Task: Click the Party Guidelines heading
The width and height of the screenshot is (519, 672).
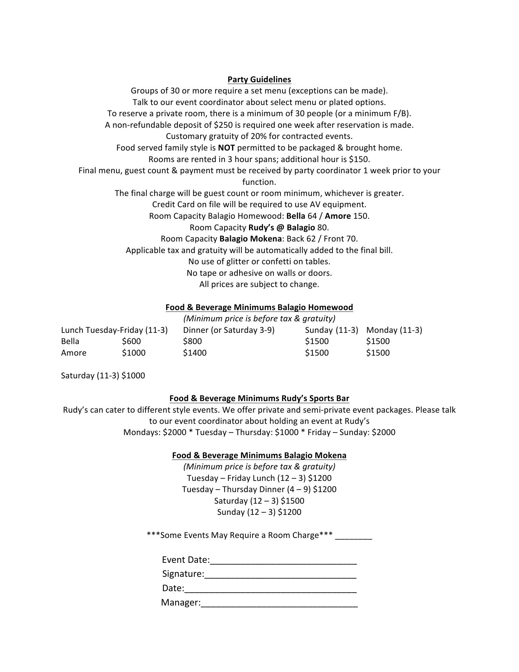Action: [x=259, y=79]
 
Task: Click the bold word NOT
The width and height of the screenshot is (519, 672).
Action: [x=226, y=148]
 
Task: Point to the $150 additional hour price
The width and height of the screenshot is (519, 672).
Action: [x=358, y=159]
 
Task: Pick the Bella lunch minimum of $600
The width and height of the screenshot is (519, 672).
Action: [x=131, y=341]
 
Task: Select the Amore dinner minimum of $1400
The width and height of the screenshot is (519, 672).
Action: [x=195, y=353]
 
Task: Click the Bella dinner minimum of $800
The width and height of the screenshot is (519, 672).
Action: [x=192, y=341]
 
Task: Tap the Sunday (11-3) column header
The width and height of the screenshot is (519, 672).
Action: [x=331, y=330]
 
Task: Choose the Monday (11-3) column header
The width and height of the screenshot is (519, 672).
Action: [x=394, y=330]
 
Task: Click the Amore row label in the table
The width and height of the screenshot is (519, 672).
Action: [x=73, y=353]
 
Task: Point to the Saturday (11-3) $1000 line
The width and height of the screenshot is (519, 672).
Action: [x=103, y=376]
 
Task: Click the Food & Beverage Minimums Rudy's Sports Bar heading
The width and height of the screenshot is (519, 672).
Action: [x=259, y=398]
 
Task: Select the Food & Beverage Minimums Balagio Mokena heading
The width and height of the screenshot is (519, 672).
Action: [x=259, y=455]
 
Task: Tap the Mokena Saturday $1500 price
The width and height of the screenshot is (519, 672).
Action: [x=292, y=501]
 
